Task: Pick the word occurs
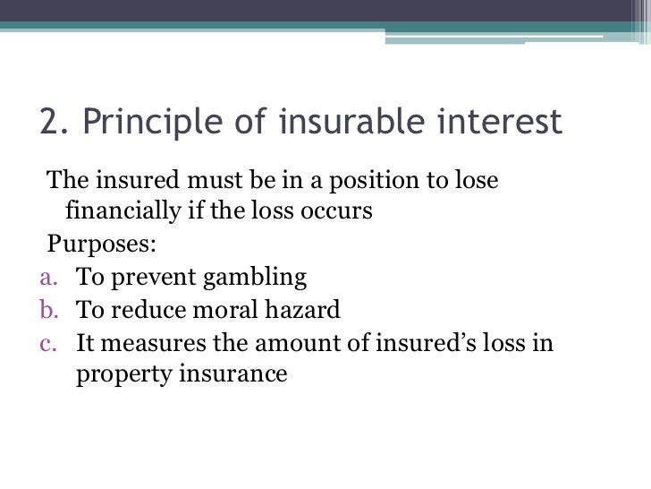click(338, 213)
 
